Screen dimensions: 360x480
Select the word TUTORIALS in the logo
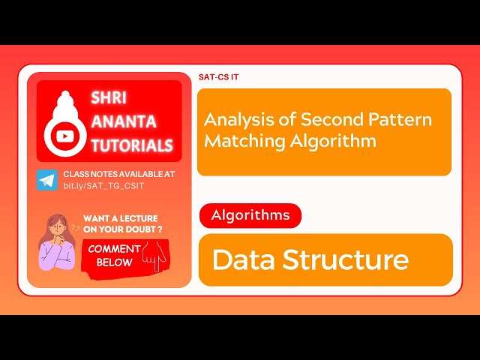[132, 145]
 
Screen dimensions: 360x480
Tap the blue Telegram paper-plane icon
[46, 180]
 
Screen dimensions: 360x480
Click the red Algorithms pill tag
[250, 216]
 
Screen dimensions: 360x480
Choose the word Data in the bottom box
[244, 259]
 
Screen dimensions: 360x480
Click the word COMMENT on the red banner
[114, 249]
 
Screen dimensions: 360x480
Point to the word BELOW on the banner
[114, 262]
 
